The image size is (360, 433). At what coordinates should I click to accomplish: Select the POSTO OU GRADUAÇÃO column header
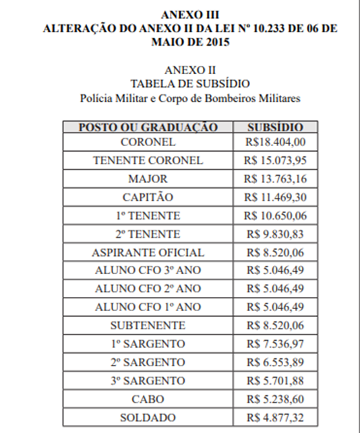148,127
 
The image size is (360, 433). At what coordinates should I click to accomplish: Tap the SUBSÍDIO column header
275,127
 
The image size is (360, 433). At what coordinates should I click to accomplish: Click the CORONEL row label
148,142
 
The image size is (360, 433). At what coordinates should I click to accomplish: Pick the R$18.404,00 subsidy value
275,142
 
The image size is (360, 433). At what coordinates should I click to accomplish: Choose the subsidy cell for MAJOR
275,179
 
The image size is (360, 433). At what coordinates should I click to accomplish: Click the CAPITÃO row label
148,197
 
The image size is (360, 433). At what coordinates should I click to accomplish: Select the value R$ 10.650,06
275,215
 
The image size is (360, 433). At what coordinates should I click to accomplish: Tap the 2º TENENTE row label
148,234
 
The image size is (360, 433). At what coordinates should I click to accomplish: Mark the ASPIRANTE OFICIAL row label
148,253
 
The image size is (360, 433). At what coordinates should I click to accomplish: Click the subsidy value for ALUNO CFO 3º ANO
275,271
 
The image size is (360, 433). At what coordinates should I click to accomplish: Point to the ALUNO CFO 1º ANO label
148,307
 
